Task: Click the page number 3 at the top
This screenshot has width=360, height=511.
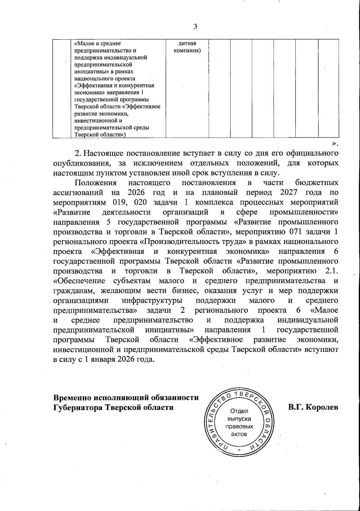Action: [x=195, y=27]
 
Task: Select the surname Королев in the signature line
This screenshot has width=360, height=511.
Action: [x=321, y=408]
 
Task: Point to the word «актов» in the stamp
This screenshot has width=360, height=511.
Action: [x=240, y=434]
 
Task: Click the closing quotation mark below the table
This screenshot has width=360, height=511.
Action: [x=335, y=143]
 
